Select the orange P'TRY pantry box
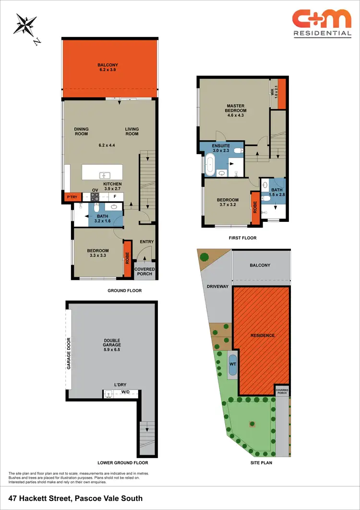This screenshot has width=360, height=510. [x=72, y=197]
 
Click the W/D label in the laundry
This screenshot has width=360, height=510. [x=125, y=392]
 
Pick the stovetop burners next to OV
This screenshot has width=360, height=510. [x=95, y=197]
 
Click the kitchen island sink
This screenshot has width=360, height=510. [x=104, y=176]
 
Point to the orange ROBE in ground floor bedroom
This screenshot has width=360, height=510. [x=128, y=259]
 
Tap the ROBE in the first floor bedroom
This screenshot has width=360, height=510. [x=255, y=207]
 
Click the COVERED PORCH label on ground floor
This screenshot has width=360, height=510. [x=144, y=271]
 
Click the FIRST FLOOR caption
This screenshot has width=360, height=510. [x=243, y=238]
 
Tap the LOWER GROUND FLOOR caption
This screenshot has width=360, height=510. [x=122, y=463]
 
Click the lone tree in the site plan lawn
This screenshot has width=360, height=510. [x=252, y=424]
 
